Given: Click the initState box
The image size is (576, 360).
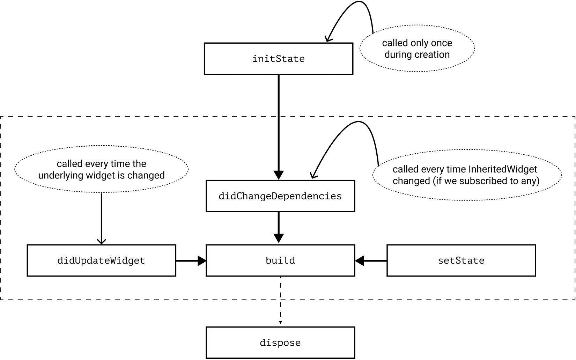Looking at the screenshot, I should tap(278, 59).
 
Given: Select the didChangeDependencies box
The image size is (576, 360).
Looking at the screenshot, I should tap(280, 196).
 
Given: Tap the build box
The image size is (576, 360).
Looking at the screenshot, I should tap(280, 260).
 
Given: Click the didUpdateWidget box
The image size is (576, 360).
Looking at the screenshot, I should tap(101, 260).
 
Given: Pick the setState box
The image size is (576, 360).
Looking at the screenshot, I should tap(461, 260).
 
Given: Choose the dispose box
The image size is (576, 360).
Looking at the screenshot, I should tap(280, 343).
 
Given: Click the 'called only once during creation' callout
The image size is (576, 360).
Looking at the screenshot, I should tap(417, 49).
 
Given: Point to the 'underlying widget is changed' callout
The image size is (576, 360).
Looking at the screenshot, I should tap(101, 169).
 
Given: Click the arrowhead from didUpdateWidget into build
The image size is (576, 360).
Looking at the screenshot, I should tap(202, 260).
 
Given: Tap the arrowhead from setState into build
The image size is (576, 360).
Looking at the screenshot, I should tap(360, 260).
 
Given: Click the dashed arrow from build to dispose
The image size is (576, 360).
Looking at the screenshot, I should tap(280, 300).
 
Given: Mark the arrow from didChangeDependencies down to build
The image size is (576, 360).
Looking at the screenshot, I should tap(279, 227).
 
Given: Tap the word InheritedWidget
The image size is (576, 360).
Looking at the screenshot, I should tap(503, 169).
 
